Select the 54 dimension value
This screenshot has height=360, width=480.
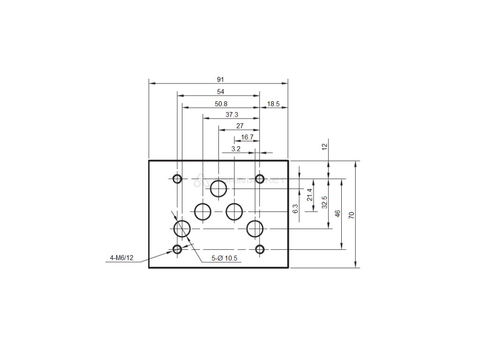(220, 92)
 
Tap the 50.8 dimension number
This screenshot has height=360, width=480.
(221, 104)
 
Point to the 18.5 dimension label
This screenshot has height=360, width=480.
(273, 104)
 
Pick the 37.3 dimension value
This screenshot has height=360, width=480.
(232, 115)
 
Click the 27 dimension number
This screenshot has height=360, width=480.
(240, 126)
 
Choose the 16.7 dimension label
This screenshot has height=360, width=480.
(247, 137)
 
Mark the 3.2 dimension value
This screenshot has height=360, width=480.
(236, 149)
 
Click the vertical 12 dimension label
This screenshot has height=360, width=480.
(324, 146)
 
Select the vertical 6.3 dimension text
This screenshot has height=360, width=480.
(295, 209)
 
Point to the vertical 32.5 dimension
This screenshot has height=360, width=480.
(324, 203)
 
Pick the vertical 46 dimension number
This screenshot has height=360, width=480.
(337, 214)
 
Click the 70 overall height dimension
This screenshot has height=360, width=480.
(351, 215)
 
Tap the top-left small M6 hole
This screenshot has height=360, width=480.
(177, 179)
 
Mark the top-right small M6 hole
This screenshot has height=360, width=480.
(260, 179)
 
